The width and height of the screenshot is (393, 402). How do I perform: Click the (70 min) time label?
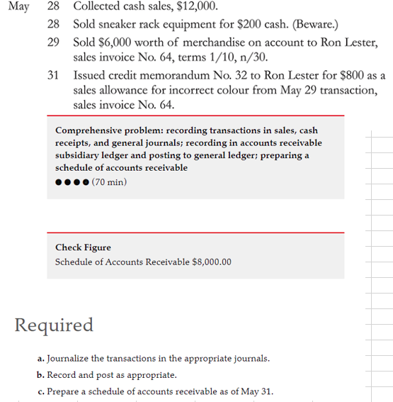(110, 182)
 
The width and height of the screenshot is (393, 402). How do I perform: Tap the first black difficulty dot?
(59, 183)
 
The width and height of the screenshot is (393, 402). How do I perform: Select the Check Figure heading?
(83, 247)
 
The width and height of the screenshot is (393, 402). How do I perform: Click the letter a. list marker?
(39, 358)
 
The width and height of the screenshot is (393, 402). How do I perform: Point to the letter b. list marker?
(40, 375)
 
